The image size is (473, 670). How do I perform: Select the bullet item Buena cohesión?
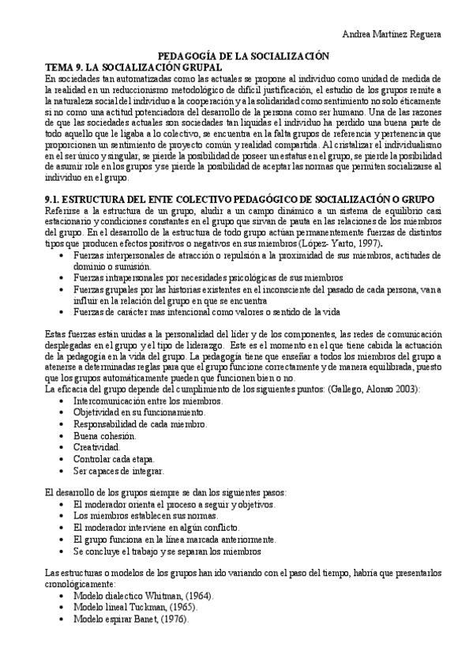click(105, 435)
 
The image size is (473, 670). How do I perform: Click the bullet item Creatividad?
click(96, 446)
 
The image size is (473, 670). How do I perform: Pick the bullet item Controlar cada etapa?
click(114, 458)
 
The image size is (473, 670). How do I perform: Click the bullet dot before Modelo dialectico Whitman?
click(62, 596)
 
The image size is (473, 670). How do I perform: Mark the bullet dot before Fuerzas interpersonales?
click(62, 256)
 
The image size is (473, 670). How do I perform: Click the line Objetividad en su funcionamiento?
click(139, 412)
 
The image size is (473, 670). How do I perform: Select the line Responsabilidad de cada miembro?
click(139, 423)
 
